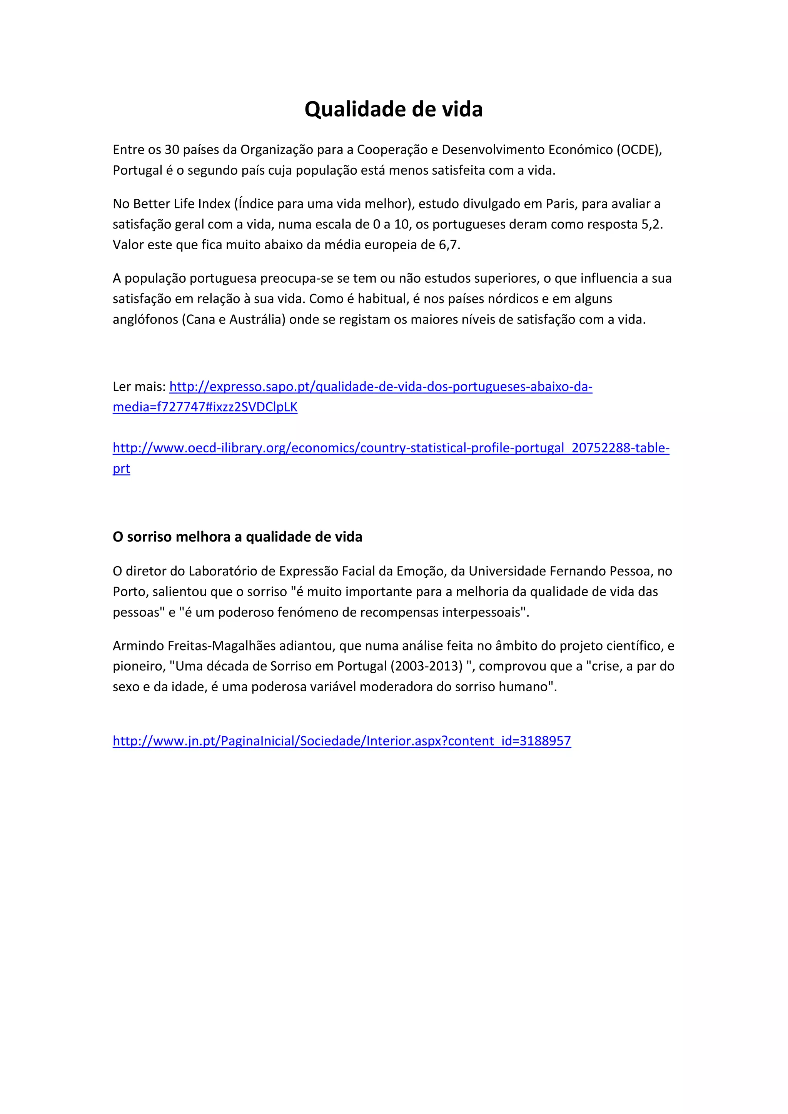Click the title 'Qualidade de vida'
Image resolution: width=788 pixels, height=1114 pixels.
click(394, 109)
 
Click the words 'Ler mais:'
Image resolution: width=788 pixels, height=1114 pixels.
click(139, 387)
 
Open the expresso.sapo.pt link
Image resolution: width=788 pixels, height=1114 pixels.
click(381, 387)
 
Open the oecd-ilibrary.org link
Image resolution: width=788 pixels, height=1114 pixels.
click(391, 448)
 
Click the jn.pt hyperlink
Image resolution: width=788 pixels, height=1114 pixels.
click(342, 741)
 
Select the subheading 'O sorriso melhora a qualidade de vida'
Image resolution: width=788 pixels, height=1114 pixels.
click(237, 537)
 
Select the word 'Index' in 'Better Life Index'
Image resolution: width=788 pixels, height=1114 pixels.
click(214, 204)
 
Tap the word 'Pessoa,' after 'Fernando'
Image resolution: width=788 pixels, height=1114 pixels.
click(629, 571)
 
